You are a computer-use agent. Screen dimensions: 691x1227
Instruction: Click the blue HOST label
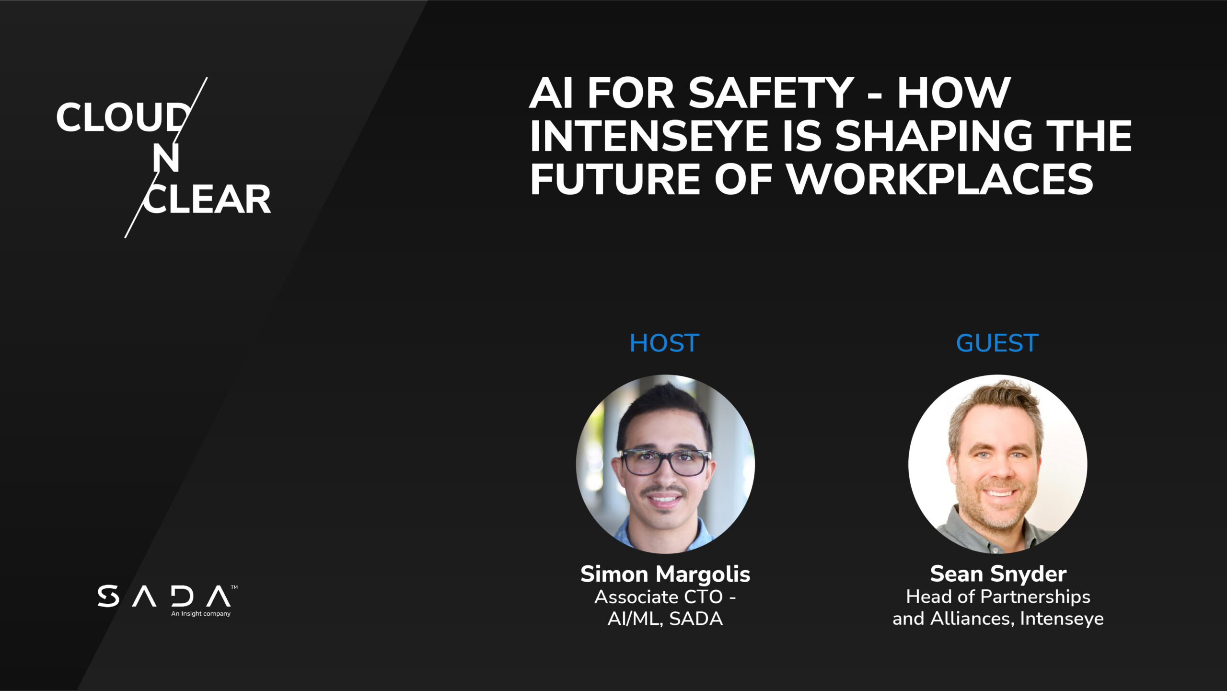(664, 343)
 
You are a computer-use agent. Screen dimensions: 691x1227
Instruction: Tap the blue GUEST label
(997, 343)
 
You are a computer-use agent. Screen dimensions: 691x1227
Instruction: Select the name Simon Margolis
(665, 574)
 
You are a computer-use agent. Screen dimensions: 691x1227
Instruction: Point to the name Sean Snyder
(998, 574)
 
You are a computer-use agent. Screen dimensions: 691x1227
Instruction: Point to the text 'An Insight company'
(201, 614)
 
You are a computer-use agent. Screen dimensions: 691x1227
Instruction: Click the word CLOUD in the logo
(123, 117)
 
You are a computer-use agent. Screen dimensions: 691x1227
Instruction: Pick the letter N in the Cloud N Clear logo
(166, 158)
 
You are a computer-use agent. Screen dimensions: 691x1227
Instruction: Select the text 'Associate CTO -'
(665, 597)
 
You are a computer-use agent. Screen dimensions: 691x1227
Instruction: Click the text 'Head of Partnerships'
(998, 597)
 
